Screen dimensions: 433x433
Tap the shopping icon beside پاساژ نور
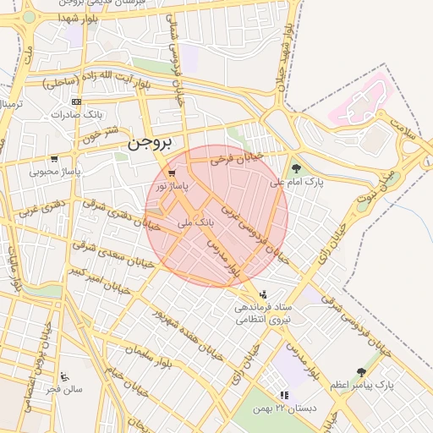coord(173,173)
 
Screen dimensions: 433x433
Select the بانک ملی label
coord(196,222)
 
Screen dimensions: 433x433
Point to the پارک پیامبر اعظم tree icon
coord(362,372)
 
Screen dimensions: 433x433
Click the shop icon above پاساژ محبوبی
coord(55,158)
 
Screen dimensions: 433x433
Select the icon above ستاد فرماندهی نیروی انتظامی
coord(261,293)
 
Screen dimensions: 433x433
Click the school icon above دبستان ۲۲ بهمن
coord(285,395)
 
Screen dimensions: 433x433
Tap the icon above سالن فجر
coord(65,376)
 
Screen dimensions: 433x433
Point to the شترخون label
coord(102,134)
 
